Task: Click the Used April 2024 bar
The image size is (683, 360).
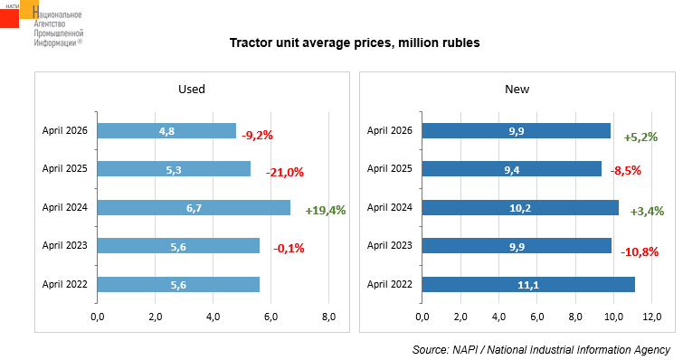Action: pos(194,208)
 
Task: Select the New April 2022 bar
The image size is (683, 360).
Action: pos(528,284)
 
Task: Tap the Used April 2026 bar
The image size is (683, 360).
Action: pos(166,130)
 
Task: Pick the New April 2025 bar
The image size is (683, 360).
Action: pos(512,169)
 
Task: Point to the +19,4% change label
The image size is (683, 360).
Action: pos(326,211)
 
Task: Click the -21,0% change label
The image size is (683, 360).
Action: pos(285,173)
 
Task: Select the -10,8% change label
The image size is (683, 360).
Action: pos(640,252)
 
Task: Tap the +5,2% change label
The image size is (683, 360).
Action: pos(640,137)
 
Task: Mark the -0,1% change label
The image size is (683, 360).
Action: pos(289,249)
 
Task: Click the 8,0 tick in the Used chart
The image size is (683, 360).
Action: pos(329,317)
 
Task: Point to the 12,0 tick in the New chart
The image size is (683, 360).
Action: pos(651,317)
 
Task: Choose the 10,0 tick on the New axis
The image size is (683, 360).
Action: pos(613,317)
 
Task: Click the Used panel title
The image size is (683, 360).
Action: pos(192,90)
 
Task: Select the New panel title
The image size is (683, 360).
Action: pos(517,90)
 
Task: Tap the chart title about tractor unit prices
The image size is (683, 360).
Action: pos(355,43)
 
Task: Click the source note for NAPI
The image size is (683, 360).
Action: pos(542,349)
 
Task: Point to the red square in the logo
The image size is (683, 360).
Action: pos(9,18)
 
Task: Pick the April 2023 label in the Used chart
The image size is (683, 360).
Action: pos(65,245)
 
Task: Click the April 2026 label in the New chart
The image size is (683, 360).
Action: pos(389,130)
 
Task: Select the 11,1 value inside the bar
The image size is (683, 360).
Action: pos(528,285)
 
